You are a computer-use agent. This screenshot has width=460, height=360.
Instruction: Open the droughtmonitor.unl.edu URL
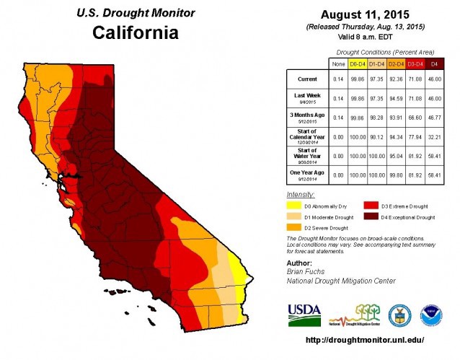click(x=365, y=339)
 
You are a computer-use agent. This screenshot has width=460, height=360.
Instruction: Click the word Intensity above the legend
click(x=301, y=194)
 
